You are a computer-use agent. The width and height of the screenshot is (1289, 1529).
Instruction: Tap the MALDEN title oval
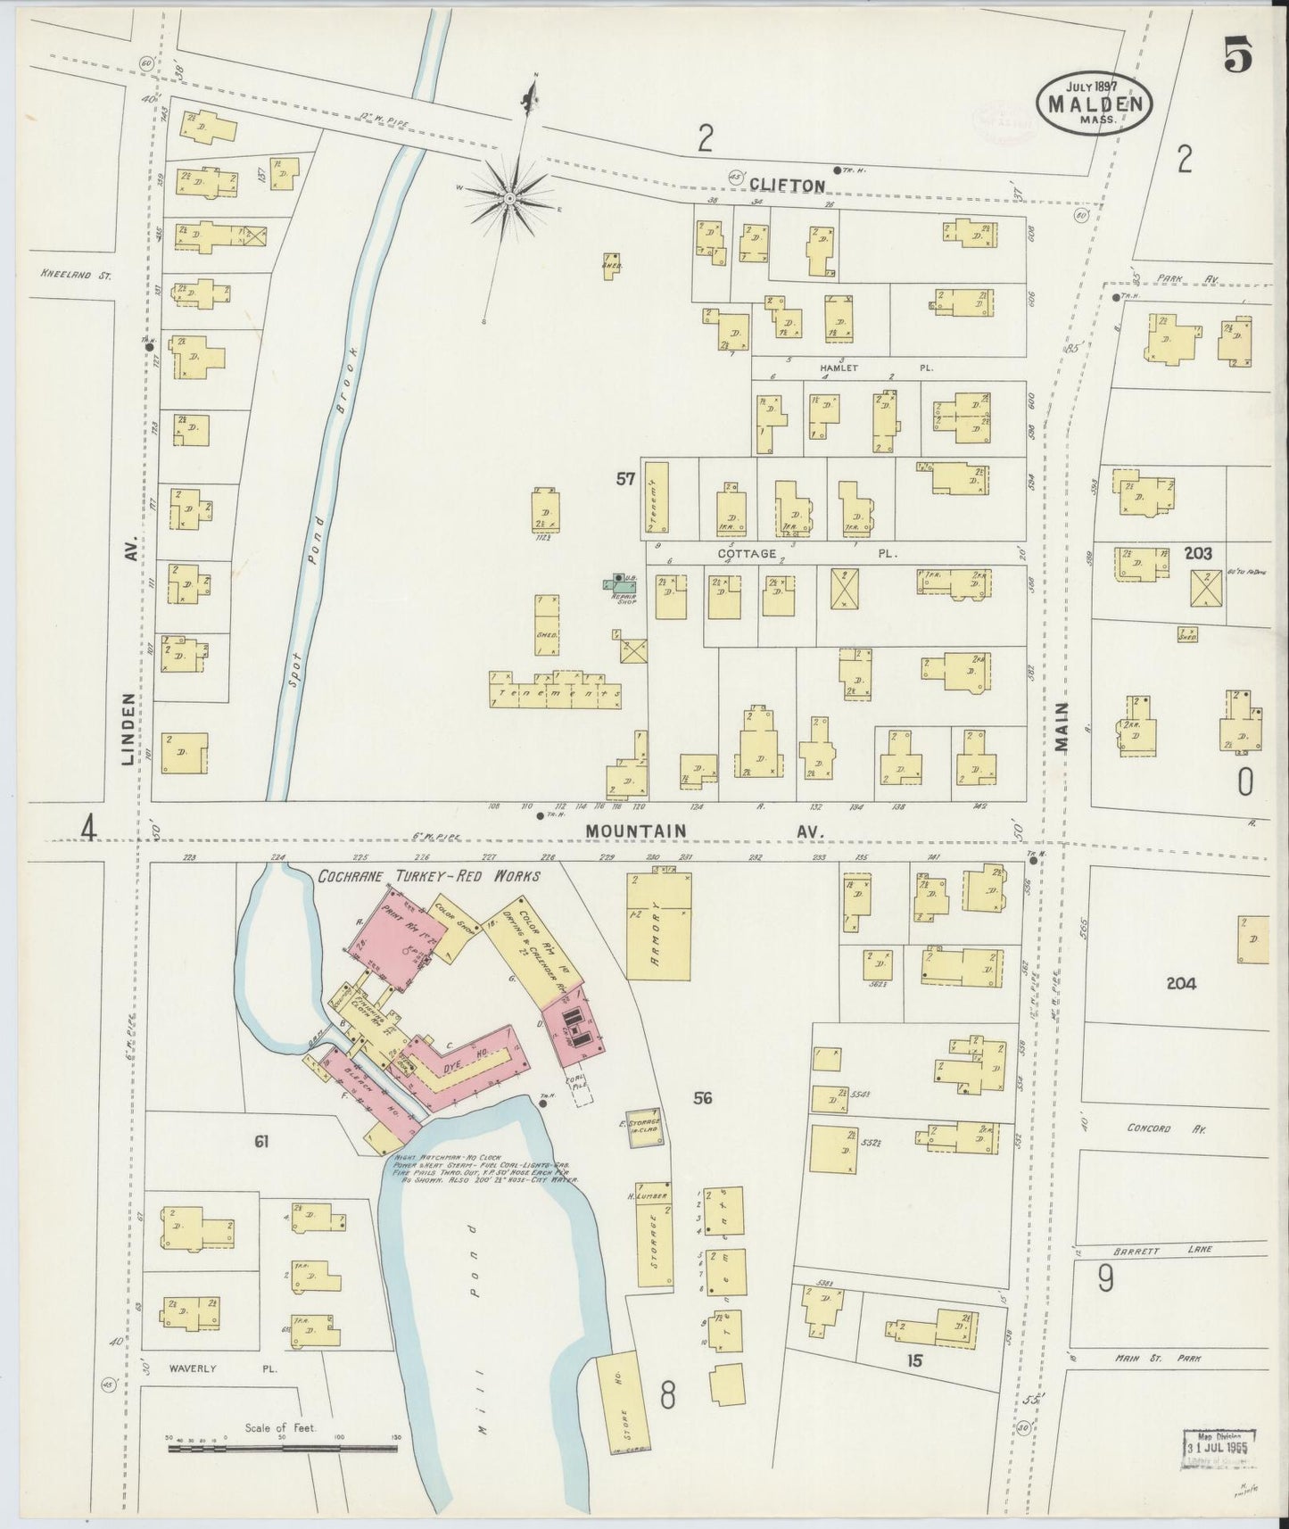(1095, 103)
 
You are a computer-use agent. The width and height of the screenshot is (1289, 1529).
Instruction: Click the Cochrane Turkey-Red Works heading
(429, 877)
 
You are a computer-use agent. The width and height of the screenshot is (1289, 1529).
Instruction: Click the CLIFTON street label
(787, 185)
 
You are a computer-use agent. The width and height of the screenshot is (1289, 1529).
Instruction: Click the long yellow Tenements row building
(555, 693)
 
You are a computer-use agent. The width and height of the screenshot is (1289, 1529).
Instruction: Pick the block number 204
(1180, 984)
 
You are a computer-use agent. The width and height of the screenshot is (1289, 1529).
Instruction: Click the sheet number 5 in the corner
(1237, 57)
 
